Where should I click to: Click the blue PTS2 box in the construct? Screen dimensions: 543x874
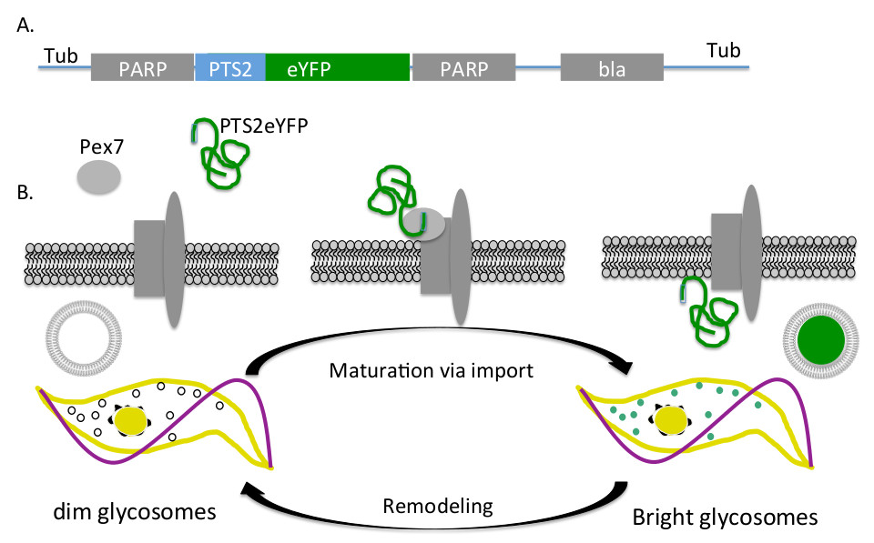point(230,68)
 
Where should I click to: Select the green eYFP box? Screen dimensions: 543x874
point(337,68)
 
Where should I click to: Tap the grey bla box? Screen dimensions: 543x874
point(611,69)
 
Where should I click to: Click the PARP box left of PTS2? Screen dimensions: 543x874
point(143,69)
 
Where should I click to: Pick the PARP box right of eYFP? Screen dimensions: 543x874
point(464,69)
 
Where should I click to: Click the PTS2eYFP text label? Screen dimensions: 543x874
point(261,128)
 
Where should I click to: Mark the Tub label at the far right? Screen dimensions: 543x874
point(721,50)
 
